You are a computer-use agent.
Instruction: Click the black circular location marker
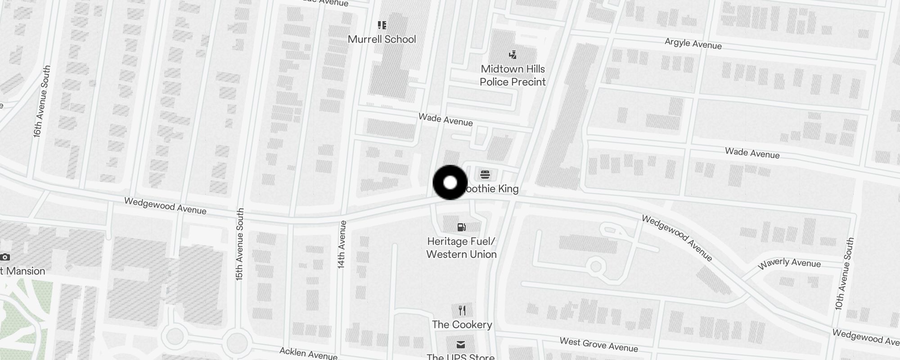(x=450, y=183)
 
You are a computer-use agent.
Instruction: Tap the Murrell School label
(x=382, y=39)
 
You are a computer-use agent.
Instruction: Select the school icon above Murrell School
(x=382, y=25)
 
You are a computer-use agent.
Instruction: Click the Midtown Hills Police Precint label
(x=513, y=75)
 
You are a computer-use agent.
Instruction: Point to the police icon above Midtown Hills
(x=513, y=55)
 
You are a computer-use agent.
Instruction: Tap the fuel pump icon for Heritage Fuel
(x=461, y=227)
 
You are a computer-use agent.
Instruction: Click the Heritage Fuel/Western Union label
(x=461, y=248)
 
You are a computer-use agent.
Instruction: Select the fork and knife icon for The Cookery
(x=462, y=310)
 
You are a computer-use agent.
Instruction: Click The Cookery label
(x=462, y=324)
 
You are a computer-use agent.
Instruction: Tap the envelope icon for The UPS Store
(x=461, y=345)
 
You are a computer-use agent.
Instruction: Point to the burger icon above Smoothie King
(x=485, y=174)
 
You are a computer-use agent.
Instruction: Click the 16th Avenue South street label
(x=41, y=101)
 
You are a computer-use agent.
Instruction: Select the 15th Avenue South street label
(x=240, y=244)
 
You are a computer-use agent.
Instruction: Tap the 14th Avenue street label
(x=342, y=245)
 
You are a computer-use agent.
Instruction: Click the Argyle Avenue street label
(x=693, y=44)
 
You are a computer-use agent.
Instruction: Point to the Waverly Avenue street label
(x=789, y=263)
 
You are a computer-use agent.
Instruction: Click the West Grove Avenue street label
(x=598, y=345)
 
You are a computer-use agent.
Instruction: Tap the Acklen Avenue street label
(x=308, y=353)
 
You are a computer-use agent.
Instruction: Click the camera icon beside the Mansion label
(x=5, y=257)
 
